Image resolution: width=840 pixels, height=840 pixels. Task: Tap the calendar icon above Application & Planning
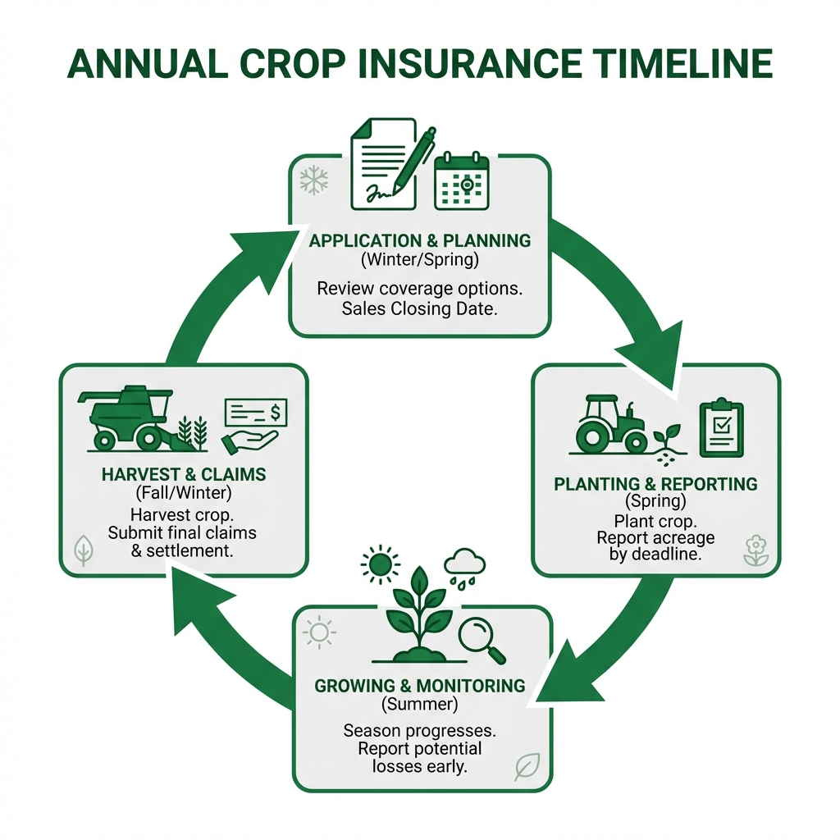(x=461, y=182)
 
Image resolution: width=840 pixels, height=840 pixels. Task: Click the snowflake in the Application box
(x=313, y=180)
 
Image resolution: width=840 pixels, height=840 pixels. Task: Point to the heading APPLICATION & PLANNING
(x=419, y=241)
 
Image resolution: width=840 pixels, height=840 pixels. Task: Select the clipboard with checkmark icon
(x=721, y=428)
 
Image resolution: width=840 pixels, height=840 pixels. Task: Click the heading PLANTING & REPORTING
(x=655, y=484)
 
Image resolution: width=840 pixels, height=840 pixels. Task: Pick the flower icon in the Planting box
(x=756, y=550)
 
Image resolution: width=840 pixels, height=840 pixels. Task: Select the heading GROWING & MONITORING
(x=419, y=686)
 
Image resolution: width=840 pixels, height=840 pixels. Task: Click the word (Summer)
(x=419, y=704)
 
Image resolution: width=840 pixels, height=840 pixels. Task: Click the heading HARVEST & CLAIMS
(x=184, y=475)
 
